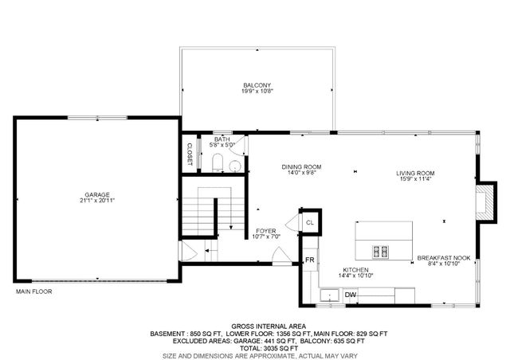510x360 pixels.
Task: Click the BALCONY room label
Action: coord(257,85)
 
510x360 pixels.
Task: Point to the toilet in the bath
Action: coord(218,164)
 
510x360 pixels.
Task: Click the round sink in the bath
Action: coord(234,165)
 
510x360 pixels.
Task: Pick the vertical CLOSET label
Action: coord(190,154)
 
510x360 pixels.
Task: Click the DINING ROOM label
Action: coord(300,167)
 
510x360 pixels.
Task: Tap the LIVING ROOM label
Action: coord(416,173)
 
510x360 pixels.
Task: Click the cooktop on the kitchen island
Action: coord(379,252)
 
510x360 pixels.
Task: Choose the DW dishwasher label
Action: coord(351,295)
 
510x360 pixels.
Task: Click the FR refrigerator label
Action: coord(308,260)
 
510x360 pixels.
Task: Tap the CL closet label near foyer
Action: coord(309,222)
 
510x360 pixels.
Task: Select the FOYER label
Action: coord(266,231)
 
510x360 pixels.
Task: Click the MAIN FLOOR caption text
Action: coord(33,292)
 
